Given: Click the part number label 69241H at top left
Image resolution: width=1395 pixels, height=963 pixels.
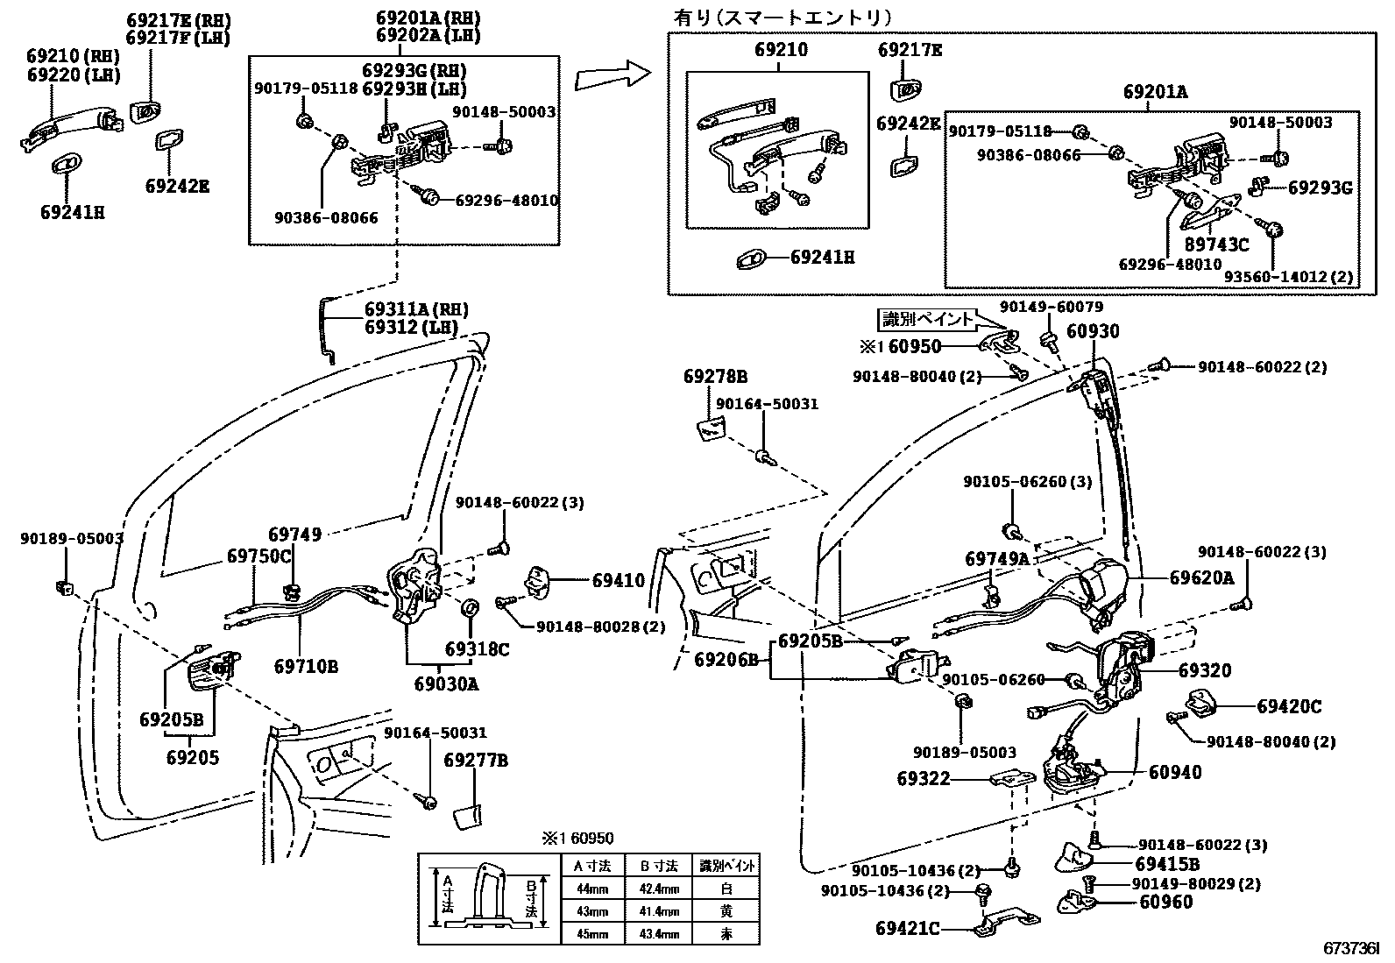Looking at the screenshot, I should (x=73, y=212).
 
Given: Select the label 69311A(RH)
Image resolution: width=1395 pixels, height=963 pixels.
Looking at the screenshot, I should (x=416, y=309).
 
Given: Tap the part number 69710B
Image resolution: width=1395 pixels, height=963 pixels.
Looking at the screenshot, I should (x=306, y=667).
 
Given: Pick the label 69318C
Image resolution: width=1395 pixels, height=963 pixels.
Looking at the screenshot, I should (x=477, y=649).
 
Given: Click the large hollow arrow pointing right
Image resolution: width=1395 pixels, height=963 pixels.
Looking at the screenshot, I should (x=613, y=77).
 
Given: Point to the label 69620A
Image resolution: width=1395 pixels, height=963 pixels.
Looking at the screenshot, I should (x=1201, y=577).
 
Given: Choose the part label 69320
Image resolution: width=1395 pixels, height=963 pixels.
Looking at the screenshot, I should (x=1205, y=671).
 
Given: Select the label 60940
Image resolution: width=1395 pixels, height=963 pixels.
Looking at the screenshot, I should (x=1175, y=772).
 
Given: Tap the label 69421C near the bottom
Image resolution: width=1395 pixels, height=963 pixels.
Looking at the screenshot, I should (x=907, y=928).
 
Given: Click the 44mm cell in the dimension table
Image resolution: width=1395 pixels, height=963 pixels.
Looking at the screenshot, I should (x=591, y=889).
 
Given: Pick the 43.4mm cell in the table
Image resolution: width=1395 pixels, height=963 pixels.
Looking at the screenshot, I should (x=661, y=934).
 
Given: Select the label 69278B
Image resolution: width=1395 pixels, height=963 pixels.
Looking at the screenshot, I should (x=715, y=378).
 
